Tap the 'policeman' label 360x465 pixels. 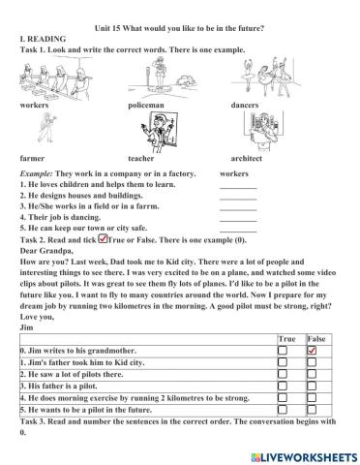pos(146,103)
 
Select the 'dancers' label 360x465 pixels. pos(246,103)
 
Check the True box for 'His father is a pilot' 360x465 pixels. pos(283,385)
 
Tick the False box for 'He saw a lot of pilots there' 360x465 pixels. pos(313,373)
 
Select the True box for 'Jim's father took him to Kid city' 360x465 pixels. pos(283,360)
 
